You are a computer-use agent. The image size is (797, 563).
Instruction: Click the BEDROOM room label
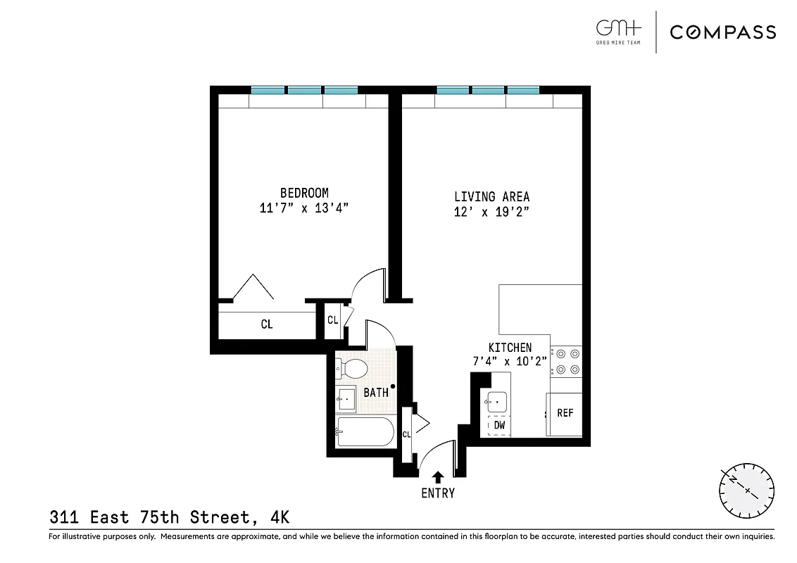304,193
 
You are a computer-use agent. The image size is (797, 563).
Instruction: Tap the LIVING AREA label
491,197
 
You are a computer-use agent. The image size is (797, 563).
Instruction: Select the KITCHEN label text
510,348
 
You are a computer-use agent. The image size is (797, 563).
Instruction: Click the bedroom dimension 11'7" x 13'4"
304,208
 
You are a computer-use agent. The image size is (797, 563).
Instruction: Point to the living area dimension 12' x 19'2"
491,213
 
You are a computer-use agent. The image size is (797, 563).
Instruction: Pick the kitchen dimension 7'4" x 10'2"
510,362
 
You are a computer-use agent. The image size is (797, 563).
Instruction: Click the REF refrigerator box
565,414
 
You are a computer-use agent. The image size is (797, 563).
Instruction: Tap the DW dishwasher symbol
498,425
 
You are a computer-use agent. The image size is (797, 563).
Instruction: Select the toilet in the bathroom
352,367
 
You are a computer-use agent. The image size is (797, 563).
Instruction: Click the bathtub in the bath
365,431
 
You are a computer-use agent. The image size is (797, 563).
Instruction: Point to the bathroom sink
346,399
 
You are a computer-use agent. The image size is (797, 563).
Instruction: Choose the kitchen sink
497,402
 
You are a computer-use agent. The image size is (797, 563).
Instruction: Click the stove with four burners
566,361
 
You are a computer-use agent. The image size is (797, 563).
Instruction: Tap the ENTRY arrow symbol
438,476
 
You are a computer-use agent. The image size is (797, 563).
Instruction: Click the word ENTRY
438,493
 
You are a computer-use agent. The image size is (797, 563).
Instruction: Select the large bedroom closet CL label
267,324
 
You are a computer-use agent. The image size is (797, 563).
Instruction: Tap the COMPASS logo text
722,32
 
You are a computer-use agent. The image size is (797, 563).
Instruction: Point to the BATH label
376,393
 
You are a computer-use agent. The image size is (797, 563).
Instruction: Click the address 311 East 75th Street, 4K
169,518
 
